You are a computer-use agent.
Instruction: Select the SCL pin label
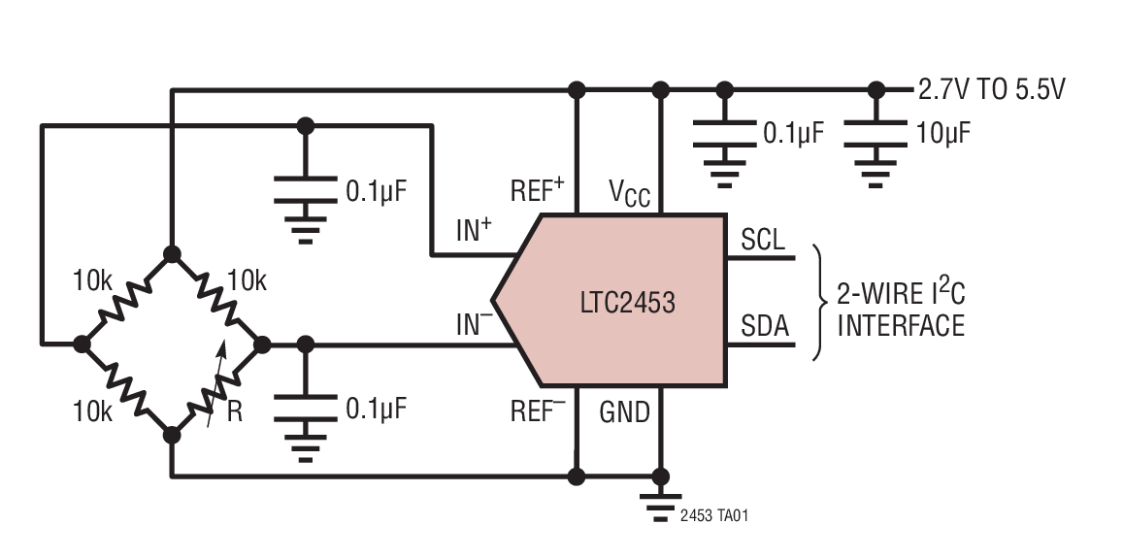[763, 239]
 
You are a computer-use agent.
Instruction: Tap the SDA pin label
[764, 326]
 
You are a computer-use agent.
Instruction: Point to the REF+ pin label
[538, 191]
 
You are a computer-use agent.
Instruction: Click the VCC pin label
[629, 192]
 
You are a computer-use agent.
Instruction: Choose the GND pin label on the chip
[624, 412]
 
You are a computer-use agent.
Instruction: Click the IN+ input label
[474, 231]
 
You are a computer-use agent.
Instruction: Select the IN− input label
[474, 324]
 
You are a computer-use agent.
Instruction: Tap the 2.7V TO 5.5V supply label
[992, 90]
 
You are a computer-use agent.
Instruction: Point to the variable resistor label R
[234, 411]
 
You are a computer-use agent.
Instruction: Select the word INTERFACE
[901, 325]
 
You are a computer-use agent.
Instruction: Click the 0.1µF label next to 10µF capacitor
[793, 133]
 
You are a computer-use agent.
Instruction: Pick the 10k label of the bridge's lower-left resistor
[92, 410]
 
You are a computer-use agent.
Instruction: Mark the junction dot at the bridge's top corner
[172, 254]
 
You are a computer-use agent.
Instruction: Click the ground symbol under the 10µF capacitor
[876, 176]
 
